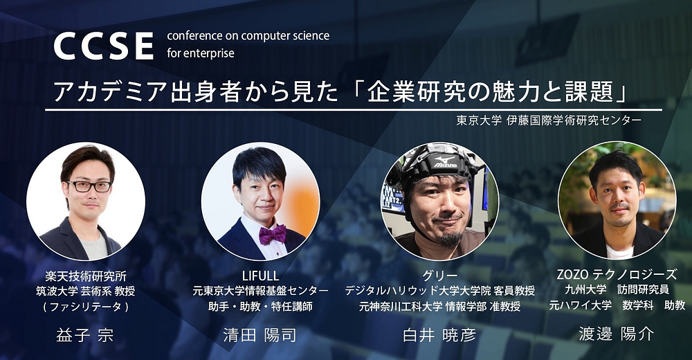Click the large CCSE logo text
pyautogui.click(x=103, y=46)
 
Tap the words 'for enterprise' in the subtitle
pyautogui.click(x=201, y=54)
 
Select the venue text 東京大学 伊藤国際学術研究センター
pyautogui.click(x=549, y=120)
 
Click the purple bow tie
pyautogui.click(x=272, y=234)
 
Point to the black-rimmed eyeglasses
pyautogui.click(x=89, y=186)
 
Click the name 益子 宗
pyautogui.click(x=84, y=335)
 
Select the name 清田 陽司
pyautogui.click(x=259, y=335)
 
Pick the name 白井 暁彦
pyautogui.click(x=439, y=335)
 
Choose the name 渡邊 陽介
pyautogui.click(x=616, y=334)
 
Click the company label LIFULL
pyautogui.click(x=260, y=276)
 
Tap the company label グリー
pyautogui.click(x=439, y=276)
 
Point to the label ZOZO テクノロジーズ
pyautogui.click(x=617, y=275)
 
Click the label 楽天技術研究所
pyautogui.click(x=86, y=276)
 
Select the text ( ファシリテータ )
pyautogui.click(x=86, y=307)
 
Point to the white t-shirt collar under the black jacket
pyautogui.click(x=619, y=251)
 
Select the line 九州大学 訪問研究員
pyautogui.click(x=617, y=290)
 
